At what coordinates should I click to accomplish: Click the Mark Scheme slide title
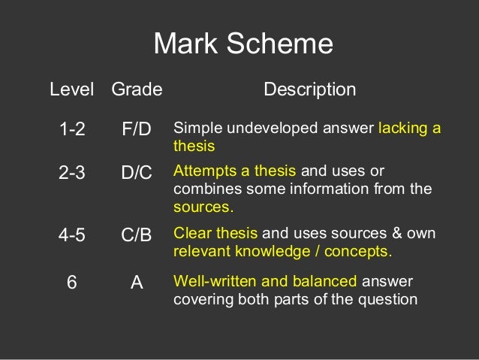click(x=243, y=44)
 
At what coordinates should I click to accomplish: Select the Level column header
click(x=72, y=90)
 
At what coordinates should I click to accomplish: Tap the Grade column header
click(x=137, y=90)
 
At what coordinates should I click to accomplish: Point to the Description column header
click(x=309, y=90)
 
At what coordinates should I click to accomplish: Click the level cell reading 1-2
click(x=72, y=129)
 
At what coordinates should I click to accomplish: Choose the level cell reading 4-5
click(x=72, y=234)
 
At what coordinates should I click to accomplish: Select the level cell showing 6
click(x=72, y=283)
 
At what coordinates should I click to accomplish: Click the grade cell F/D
click(x=137, y=129)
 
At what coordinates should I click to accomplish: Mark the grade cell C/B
click(x=137, y=234)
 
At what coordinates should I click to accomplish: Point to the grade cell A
click(x=137, y=283)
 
